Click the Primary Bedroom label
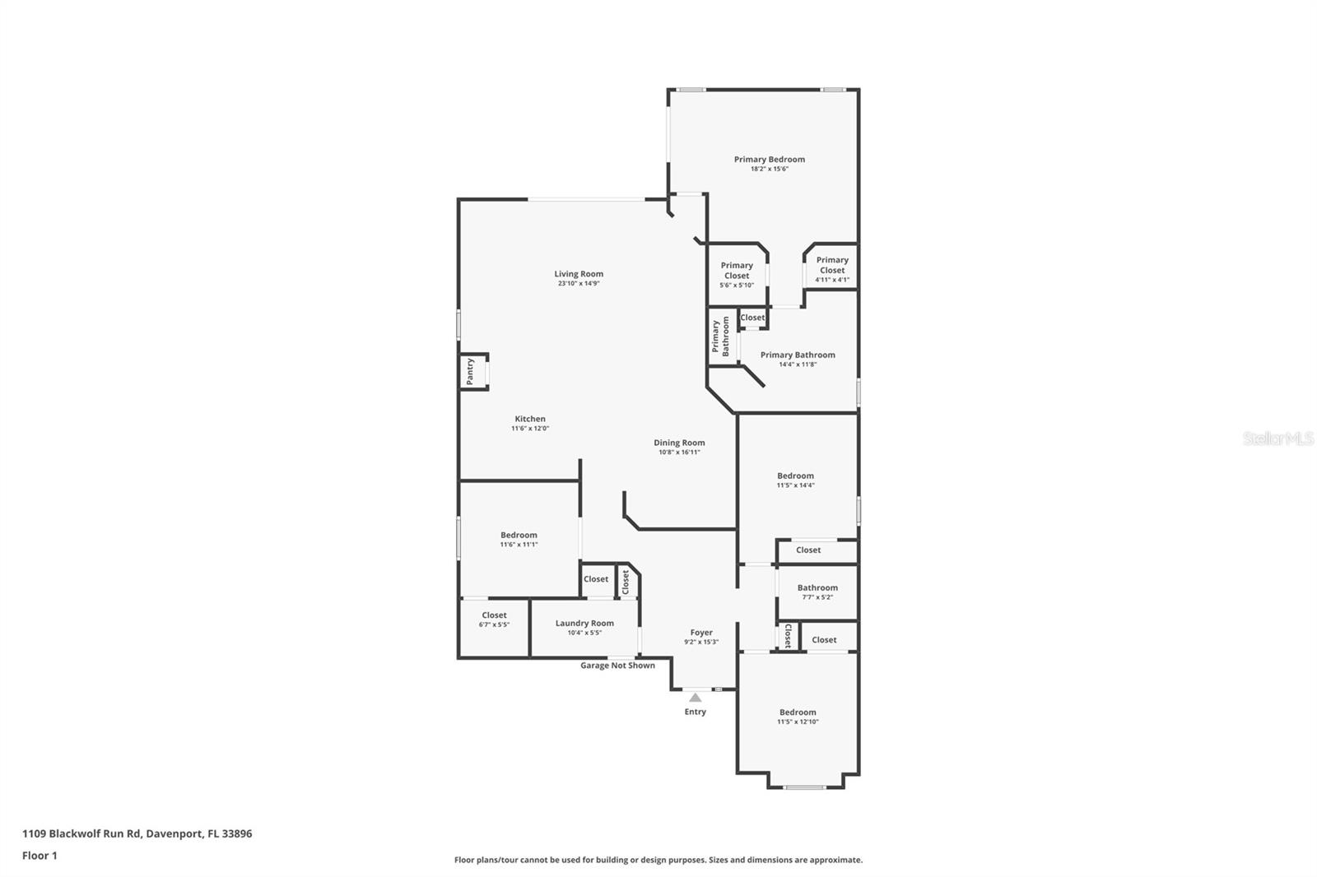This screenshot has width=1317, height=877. coord(769,160)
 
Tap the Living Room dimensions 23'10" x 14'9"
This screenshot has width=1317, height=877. coord(579,284)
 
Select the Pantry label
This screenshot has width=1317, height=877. coord(470,371)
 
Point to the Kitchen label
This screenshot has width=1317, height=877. coord(530,419)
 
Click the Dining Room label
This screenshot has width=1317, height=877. coord(679,443)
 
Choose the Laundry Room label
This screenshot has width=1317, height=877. coord(584,624)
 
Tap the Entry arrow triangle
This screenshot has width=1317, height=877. coord(696,698)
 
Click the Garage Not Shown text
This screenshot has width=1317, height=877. coord(617,666)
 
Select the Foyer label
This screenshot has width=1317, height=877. coord(701,633)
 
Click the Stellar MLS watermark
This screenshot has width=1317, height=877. coord(1277,439)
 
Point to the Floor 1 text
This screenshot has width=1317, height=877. coord(40,856)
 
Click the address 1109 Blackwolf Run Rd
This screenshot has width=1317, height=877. coord(137,833)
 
